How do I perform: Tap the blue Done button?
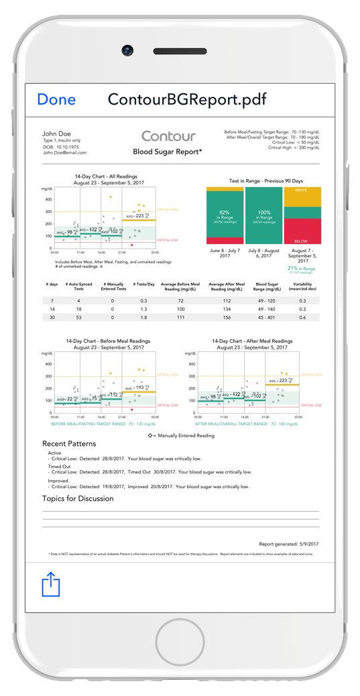coord(56,100)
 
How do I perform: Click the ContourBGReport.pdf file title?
coord(188,100)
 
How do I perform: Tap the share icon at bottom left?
coord(52,584)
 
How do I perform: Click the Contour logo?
coord(168,136)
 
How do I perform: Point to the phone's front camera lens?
coord(127,50)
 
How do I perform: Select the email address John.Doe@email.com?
coord(64,153)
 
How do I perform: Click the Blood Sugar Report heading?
coord(168,152)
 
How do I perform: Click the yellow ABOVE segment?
coord(302,196)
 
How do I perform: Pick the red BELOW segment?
coord(302,231)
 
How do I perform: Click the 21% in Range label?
coord(302,268)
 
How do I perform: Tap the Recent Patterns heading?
coord(69,443)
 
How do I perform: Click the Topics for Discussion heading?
coord(78,498)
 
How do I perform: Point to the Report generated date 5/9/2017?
coord(289,543)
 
